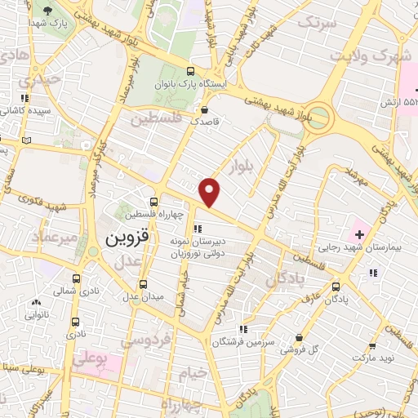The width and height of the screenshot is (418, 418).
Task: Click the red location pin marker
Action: tap(210, 191)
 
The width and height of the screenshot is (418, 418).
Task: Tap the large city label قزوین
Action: tap(126, 241)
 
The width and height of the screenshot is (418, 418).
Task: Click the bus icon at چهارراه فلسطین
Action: tap(154, 202)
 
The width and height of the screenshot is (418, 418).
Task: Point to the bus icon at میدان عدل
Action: tap(144, 284)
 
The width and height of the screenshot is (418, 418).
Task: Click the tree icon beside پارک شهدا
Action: tap(50, 10)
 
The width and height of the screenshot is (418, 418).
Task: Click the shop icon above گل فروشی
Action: tap(300, 336)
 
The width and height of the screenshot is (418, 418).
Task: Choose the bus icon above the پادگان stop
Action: tap(336, 287)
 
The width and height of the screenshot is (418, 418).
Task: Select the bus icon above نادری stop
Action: tap(76, 322)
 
